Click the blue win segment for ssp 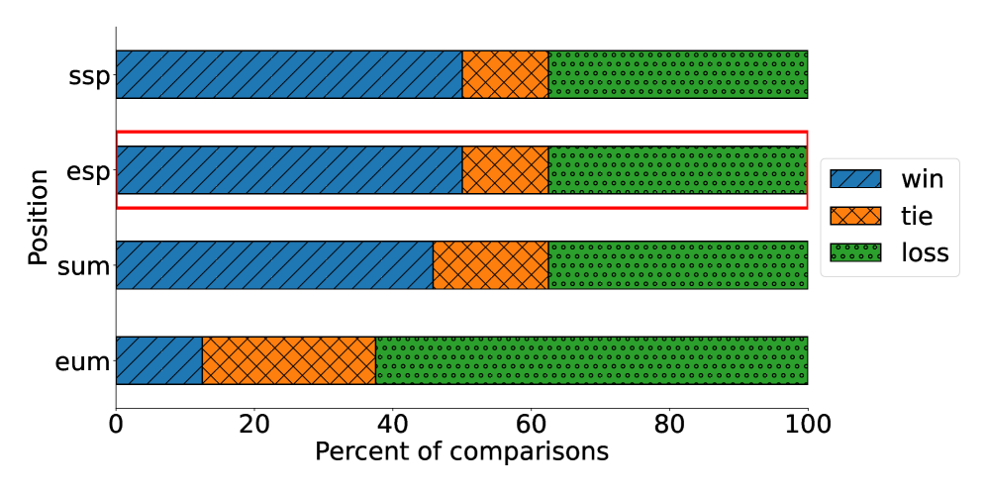[x=289, y=74]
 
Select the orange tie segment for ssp [x=505, y=74]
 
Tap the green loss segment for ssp [x=678, y=74]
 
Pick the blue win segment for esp [x=289, y=170]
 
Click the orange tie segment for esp [x=505, y=170]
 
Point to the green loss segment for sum [x=678, y=265]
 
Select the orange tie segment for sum [x=491, y=265]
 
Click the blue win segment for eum [x=158, y=360]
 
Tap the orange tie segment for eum [x=289, y=360]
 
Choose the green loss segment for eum [x=591, y=360]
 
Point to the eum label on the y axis [x=82, y=361]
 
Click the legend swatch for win [x=855, y=179]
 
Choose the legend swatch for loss [x=855, y=252]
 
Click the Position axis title [x=38, y=217]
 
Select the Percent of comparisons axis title [x=461, y=451]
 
